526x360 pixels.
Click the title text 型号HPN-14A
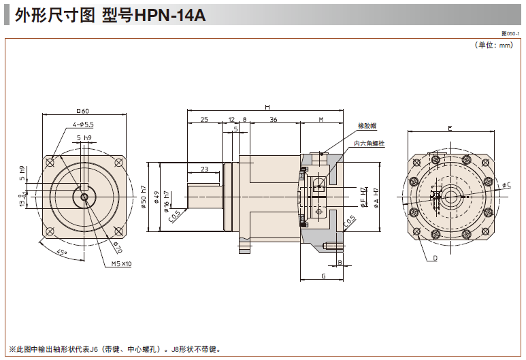pos(154,15)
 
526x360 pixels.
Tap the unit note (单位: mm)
pos(493,45)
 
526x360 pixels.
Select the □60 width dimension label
pos(84,111)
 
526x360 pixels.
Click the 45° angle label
pos(61,252)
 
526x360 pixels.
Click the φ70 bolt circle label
pos(116,247)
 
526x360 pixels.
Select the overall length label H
pos(267,108)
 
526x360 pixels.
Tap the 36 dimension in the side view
pos(273,119)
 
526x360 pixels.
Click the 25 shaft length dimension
pos(203,119)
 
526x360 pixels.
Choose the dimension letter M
pos(320,119)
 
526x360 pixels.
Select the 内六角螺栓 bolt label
pos(369,144)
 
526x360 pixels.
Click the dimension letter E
pos(450,128)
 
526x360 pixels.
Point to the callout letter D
pos(434,259)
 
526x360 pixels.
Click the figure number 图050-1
pos(510,33)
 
